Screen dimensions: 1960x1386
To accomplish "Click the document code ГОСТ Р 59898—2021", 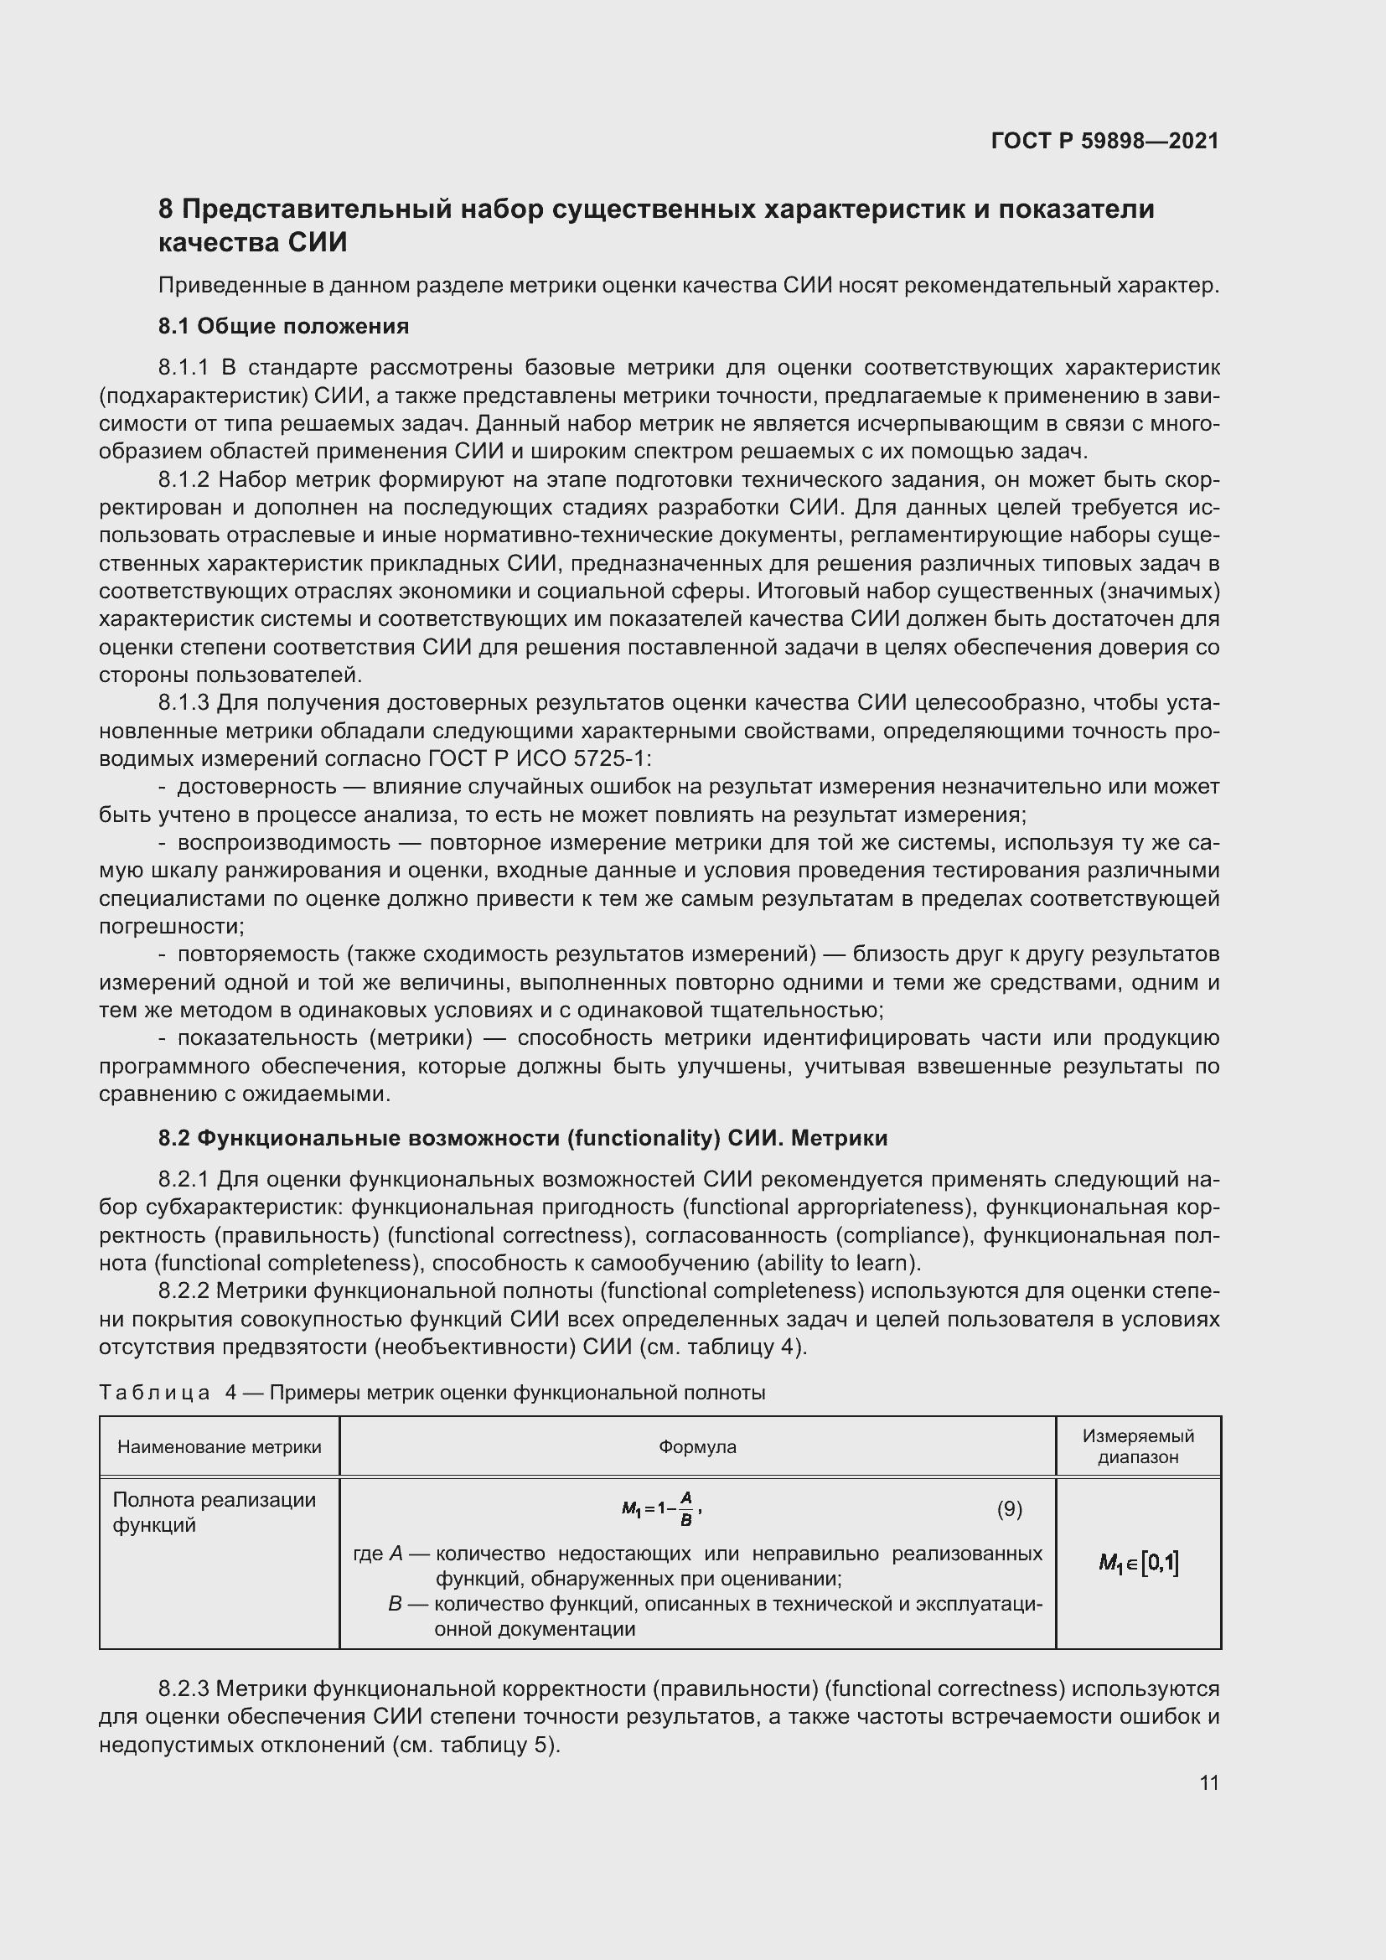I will click(x=1104, y=141).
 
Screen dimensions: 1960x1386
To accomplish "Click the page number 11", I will click(x=1208, y=1782).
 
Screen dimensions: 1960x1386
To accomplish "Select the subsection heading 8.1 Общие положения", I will click(x=283, y=326).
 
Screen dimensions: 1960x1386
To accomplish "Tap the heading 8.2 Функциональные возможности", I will click(x=522, y=1138).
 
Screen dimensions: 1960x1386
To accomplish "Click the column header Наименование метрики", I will click(x=220, y=1446).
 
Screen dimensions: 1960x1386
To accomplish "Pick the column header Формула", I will click(x=697, y=1446).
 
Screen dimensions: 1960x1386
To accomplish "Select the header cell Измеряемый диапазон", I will click(x=1138, y=1446).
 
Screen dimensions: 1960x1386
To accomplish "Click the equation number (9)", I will click(x=1009, y=1508).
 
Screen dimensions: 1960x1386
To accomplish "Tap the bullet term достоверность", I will click(x=256, y=786).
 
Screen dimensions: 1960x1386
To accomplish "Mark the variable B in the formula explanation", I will click(x=395, y=1603).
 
